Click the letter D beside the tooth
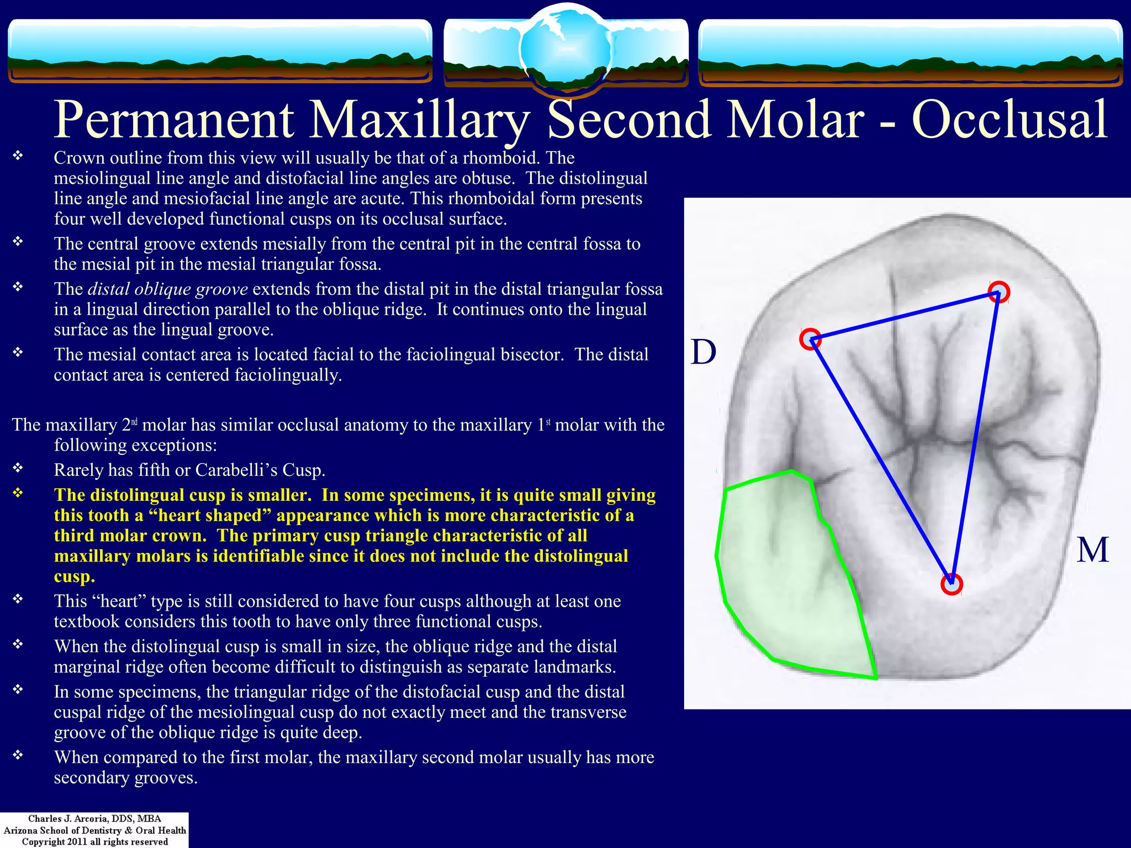[703, 352]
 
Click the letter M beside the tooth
[1092, 550]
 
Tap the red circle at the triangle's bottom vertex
[952, 584]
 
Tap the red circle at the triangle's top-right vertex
[998, 291]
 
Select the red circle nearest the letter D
[810, 339]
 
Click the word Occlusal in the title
[1009, 120]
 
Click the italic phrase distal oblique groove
[168, 289]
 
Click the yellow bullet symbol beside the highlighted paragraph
[18, 492]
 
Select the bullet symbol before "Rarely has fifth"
[18, 468]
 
